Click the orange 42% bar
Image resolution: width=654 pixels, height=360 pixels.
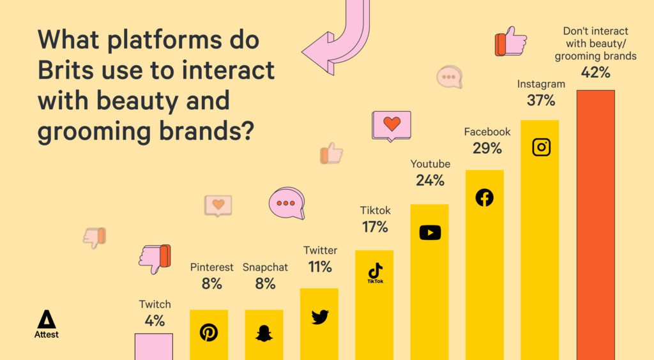pyautogui.click(x=596, y=225)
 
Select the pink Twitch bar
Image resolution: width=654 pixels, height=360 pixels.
pyautogui.click(x=153, y=347)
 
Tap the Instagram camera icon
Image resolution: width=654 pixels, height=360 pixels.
pyautogui.click(x=542, y=147)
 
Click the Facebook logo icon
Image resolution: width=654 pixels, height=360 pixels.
pyautogui.click(x=485, y=197)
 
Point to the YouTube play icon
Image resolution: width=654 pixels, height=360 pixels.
pyautogui.click(x=430, y=232)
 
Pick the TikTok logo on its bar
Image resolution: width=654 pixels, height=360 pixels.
pyautogui.click(x=376, y=273)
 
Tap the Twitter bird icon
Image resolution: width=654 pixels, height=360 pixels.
pyautogui.click(x=320, y=317)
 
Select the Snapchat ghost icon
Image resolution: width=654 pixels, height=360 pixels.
pyautogui.click(x=264, y=333)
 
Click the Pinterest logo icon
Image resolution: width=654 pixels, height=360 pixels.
pyautogui.click(x=209, y=333)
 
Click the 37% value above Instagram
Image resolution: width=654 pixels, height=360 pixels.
pyautogui.click(x=541, y=100)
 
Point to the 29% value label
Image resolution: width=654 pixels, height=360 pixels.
pyautogui.click(x=487, y=148)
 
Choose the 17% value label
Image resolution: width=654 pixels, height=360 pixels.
pyautogui.click(x=375, y=227)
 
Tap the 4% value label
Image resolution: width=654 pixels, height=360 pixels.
pyautogui.click(x=155, y=321)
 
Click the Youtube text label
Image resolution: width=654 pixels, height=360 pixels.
pyautogui.click(x=430, y=164)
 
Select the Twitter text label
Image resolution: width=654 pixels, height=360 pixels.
pyautogui.click(x=321, y=250)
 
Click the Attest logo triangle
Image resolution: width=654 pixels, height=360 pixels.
pyautogui.click(x=46, y=320)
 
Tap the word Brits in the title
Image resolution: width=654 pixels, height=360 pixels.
pyautogui.click(x=66, y=70)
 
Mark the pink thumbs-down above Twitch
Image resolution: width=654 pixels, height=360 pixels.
pyautogui.click(x=155, y=259)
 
